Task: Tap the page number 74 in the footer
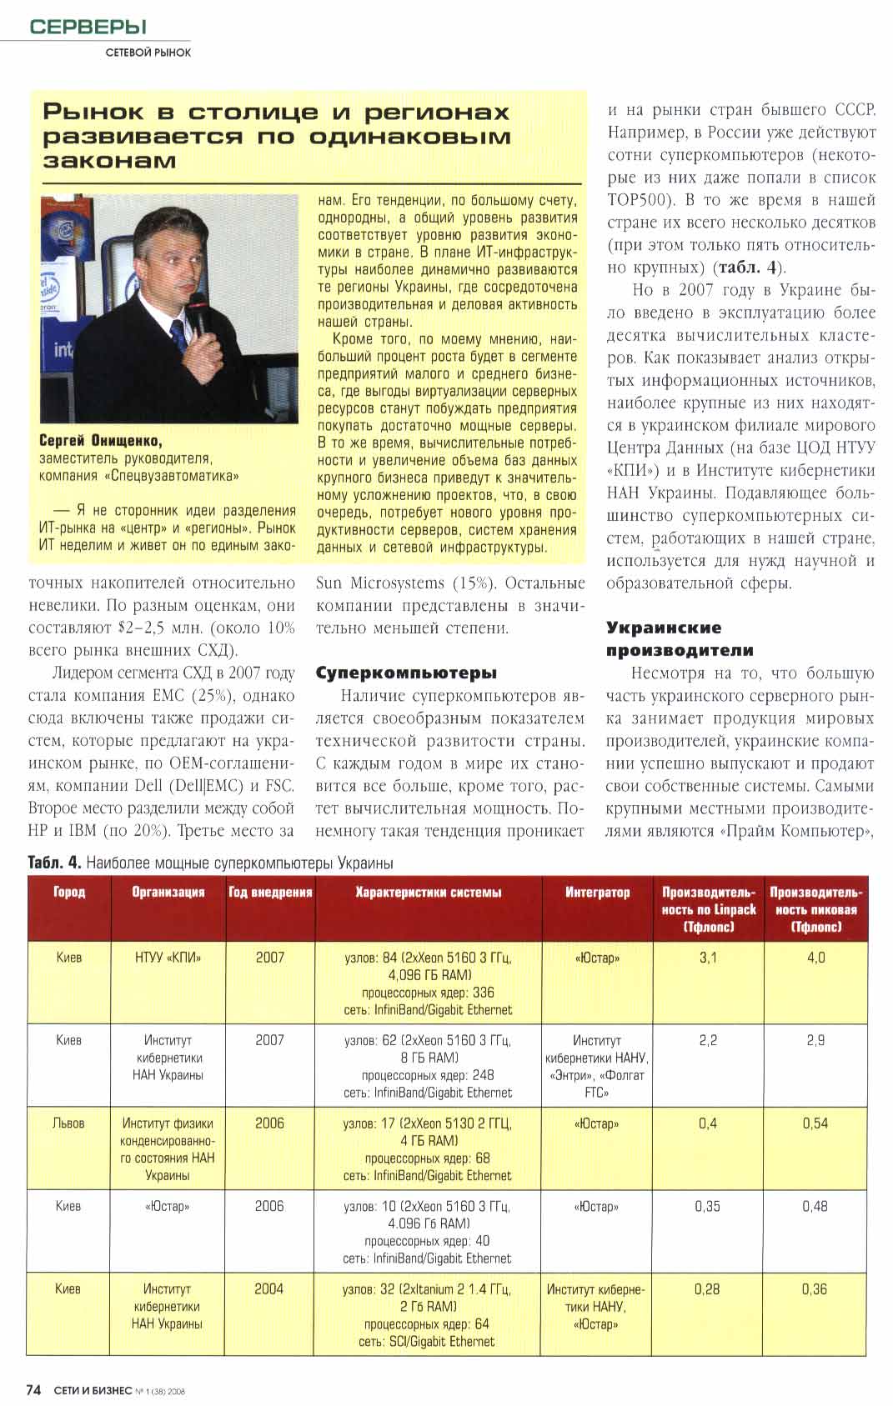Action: (34, 1389)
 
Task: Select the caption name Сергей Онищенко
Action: (100, 441)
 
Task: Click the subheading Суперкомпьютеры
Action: (406, 673)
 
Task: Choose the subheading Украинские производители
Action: (680, 638)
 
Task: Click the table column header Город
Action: (69, 892)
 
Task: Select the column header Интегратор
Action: (597, 892)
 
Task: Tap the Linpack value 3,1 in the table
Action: (708, 958)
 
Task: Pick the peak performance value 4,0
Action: (815, 958)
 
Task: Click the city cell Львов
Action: (68, 1123)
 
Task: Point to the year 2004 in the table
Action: (268, 1288)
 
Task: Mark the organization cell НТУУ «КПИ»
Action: (168, 958)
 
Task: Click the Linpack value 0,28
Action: (707, 1288)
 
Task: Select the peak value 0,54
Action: (815, 1123)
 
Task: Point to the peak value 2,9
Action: (815, 1040)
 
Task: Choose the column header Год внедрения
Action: (270, 892)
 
